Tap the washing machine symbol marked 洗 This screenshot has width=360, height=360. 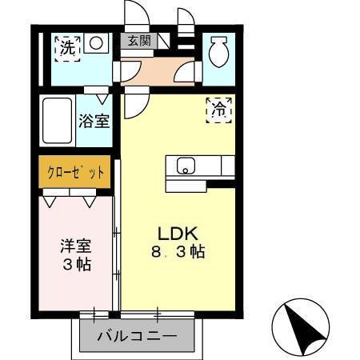66,46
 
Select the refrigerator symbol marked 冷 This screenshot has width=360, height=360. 218,110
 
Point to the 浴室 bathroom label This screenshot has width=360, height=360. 94,122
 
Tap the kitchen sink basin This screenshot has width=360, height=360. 186,167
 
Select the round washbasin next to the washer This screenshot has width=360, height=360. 97,44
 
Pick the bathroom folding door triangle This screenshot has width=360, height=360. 102,98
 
